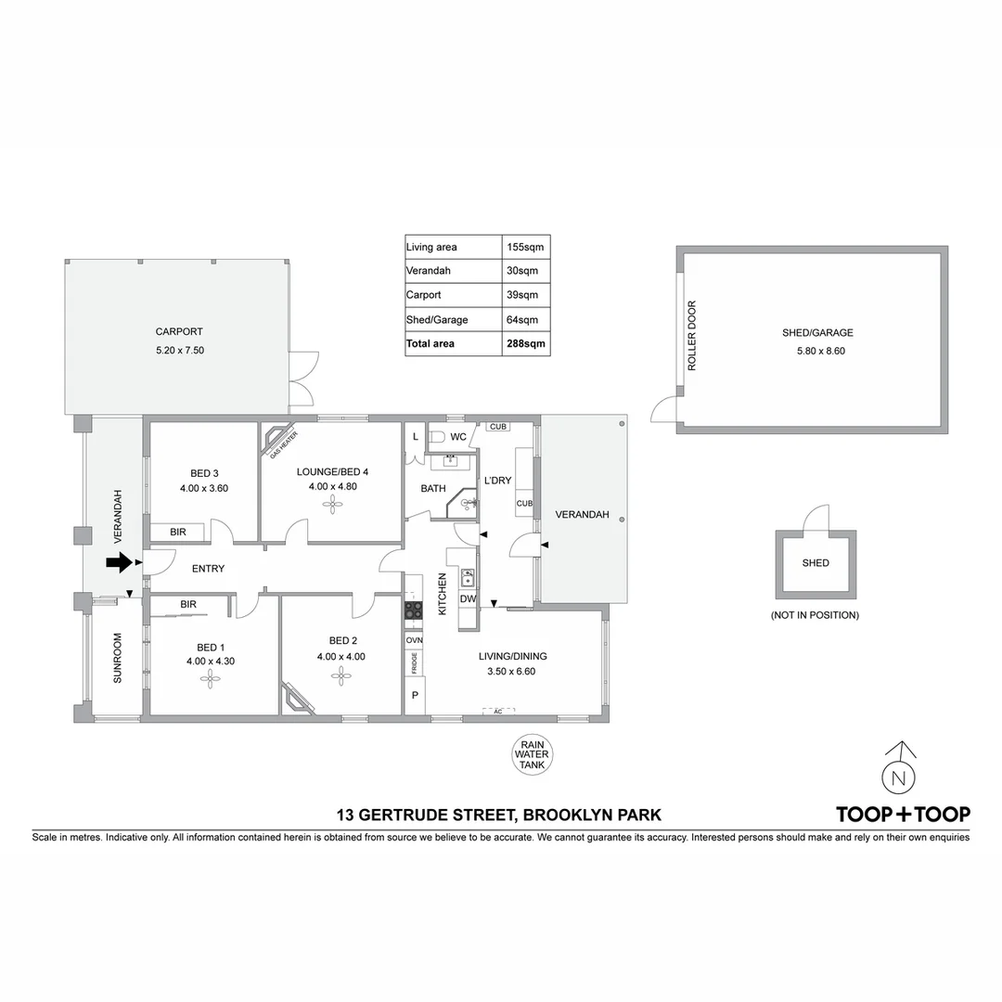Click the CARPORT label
pos(179,331)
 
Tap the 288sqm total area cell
pos(525,343)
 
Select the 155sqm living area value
pos(525,247)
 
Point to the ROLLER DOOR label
pos(691,336)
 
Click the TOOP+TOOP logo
pos(903,815)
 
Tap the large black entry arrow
pos(120,562)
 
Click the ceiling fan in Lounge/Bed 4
pos(332,504)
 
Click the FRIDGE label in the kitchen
pos(414,662)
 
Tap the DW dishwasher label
pos(468,599)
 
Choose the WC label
pos(458,436)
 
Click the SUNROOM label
pos(118,658)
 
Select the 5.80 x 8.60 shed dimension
pos(821,351)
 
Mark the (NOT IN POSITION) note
pos(815,615)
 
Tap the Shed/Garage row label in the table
pos(437,319)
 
